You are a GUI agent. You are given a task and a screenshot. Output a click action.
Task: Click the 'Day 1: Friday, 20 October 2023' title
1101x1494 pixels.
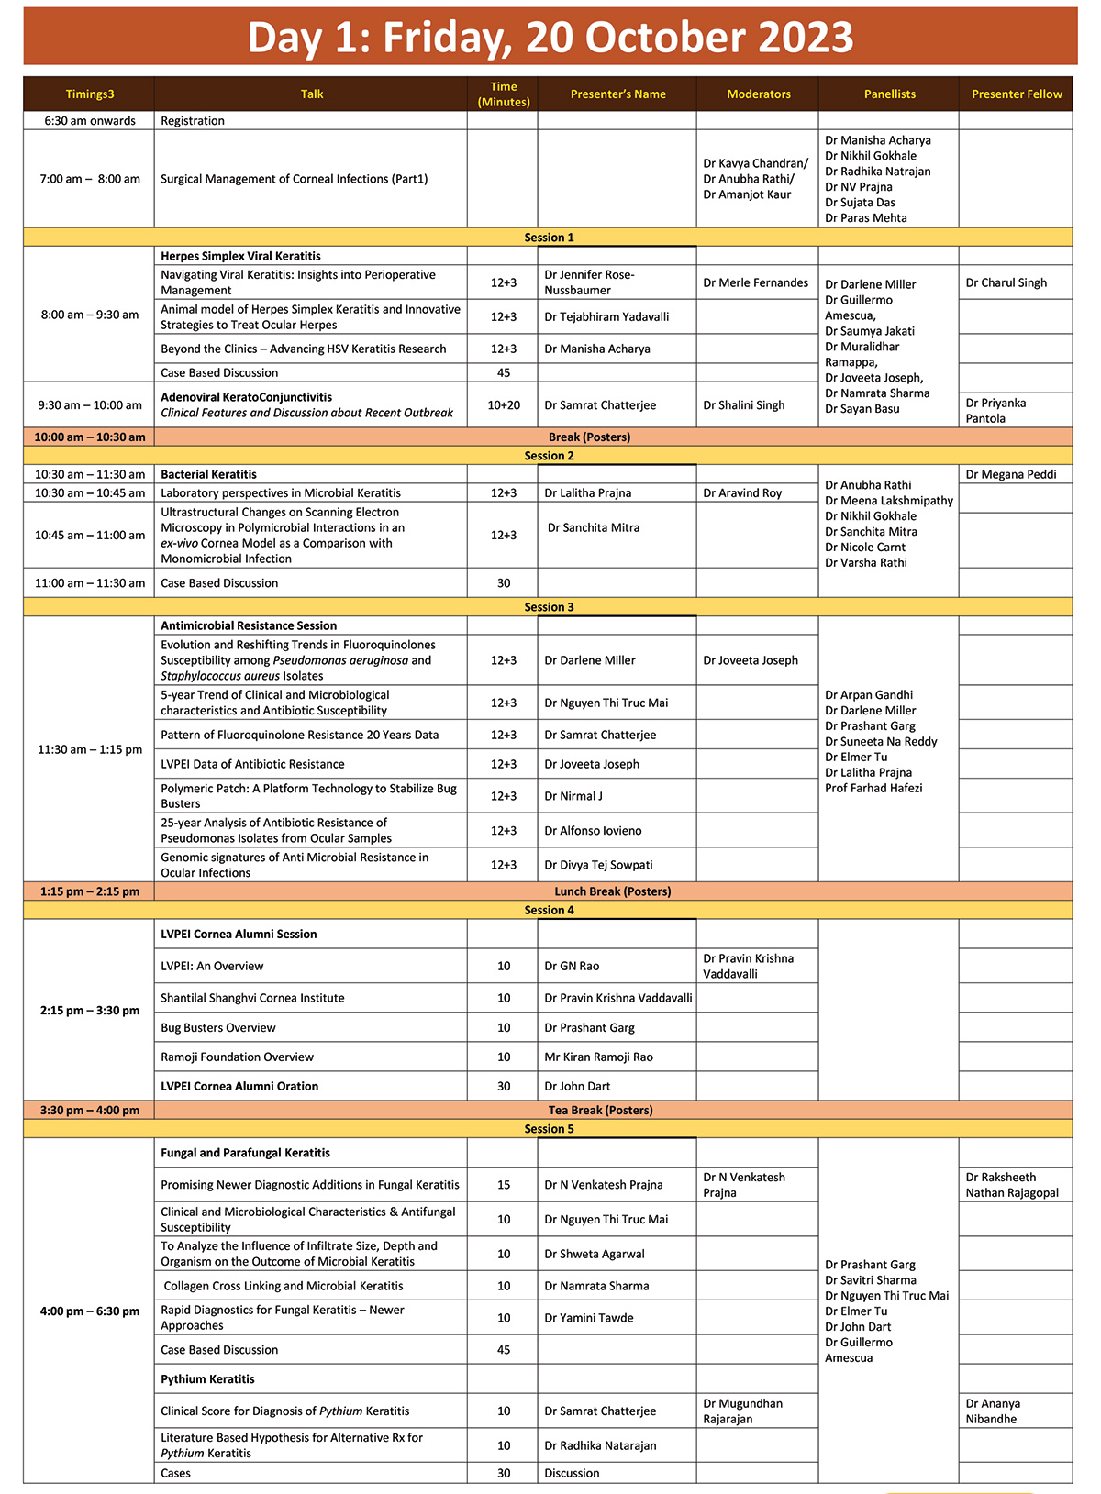(550, 38)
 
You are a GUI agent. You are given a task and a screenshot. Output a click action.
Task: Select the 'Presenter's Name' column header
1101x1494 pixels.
(617, 94)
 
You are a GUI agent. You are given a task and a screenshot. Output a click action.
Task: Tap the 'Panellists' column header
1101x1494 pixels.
(889, 94)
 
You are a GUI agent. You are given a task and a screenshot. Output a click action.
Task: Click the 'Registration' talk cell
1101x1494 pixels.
(193, 120)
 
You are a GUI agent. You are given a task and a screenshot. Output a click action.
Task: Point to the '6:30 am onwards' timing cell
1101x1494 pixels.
(90, 120)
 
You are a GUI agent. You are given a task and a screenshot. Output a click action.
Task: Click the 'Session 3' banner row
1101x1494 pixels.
(549, 607)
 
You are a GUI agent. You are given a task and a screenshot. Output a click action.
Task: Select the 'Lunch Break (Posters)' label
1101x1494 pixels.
(612, 891)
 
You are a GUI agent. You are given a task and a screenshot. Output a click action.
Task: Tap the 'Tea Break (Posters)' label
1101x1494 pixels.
(600, 1110)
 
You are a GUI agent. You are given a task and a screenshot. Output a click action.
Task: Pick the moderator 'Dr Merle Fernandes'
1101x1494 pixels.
(755, 282)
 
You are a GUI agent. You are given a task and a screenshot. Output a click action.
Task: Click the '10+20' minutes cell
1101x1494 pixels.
(503, 404)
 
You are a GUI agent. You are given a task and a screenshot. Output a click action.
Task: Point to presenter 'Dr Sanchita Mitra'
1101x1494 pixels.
(594, 527)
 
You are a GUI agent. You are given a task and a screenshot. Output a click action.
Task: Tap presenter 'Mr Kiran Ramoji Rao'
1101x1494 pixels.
(598, 1057)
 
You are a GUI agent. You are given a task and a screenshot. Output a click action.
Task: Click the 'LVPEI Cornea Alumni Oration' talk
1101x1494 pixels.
(239, 1086)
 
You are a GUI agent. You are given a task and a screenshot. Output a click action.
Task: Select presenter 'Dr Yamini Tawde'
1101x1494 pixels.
(588, 1318)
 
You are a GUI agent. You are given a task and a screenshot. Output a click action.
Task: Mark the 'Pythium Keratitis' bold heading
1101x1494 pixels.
(207, 1378)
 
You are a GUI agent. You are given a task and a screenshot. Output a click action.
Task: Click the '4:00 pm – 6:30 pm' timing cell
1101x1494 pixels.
(90, 1311)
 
